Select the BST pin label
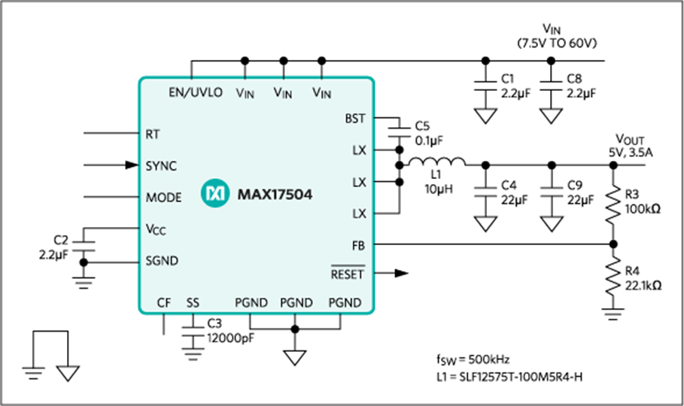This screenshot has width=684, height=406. pos(354,118)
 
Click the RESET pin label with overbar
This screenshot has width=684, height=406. pos(348,274)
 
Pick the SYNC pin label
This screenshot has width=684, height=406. pos(162,165)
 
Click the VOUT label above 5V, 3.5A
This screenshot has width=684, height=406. pos(631,139)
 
